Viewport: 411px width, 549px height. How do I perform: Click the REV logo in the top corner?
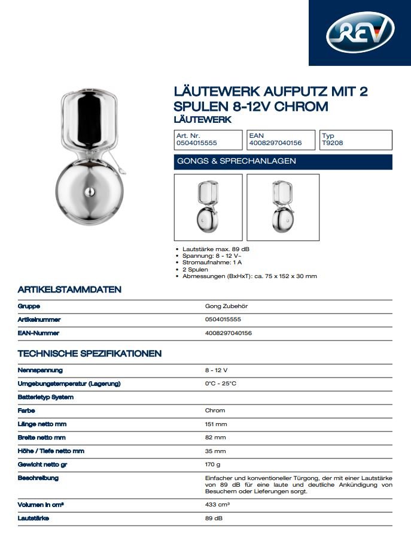coord(360,32)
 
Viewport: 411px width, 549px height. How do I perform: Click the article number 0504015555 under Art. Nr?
coord(196,144)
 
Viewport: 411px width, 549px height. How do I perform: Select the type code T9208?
coord(332,144)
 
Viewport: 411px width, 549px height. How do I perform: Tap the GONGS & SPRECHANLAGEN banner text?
coord(237,161)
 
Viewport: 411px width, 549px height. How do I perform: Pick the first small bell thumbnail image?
coord(208,206)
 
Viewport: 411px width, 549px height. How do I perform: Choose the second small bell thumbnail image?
coord(283,206)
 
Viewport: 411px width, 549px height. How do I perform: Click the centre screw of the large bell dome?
coord(89,192)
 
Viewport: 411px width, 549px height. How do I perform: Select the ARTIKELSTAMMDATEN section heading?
coord(69,289)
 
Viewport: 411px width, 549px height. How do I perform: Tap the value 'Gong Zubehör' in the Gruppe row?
coord(226,306)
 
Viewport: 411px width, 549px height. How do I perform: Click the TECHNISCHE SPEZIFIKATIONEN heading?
coord(90,353)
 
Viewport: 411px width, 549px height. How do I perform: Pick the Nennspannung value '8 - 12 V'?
coord(216,370)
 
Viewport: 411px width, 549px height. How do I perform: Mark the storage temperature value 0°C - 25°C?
coord(221,384)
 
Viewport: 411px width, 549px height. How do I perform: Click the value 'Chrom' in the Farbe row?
coord(215,411)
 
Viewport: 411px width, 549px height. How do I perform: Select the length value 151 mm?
coord(216,424)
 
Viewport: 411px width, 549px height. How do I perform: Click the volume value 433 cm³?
coord(218,505)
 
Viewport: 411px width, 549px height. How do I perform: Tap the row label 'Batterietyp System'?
coord(46,397)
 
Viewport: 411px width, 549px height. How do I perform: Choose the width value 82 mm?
coord(215,438)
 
